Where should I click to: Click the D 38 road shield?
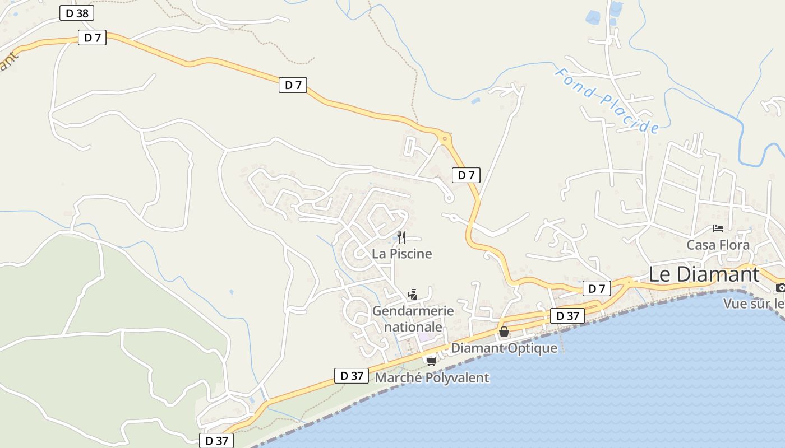[x=77, y=13]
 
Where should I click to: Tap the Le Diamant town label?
[x=704, y=274]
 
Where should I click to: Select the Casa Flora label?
[x=718, y=245]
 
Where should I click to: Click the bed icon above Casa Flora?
[x=718, y=228]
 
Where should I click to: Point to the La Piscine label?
[x=401, y=254]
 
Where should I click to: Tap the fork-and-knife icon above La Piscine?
[x=401, y=237]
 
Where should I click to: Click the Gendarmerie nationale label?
[x=413, y=319]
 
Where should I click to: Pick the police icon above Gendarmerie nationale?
[x=413, y=294]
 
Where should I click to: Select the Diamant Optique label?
[x=504, y=348]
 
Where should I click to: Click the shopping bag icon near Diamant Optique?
[x=504, y=332]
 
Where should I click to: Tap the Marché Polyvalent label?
[x=432, y=378]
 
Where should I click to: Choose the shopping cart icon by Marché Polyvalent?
[x=431, y=361]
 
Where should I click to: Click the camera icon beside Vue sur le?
[x=780, y=288]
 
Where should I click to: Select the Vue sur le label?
[x=754, y=304]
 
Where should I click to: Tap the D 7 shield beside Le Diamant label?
[x=597, y=288]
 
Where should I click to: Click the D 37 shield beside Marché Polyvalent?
[x=352, y=376]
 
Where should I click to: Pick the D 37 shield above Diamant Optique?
[x=567, y=316]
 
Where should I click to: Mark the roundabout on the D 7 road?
[x=445, y=137]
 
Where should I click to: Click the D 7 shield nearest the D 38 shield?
[x=92, y=38]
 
